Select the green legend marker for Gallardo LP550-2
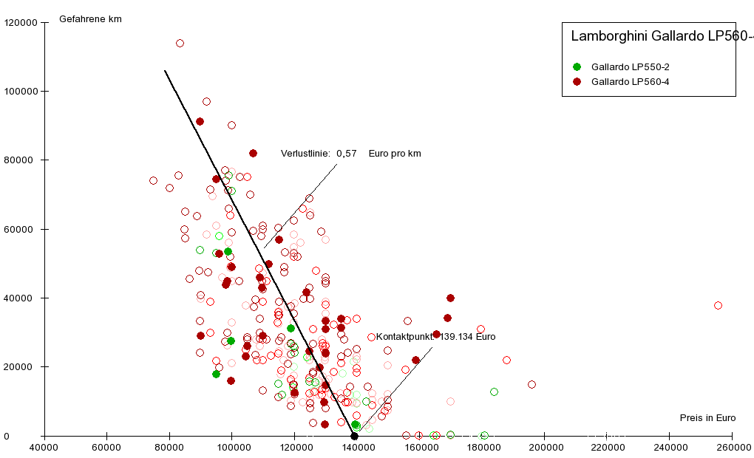[577, 66]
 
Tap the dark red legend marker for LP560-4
[577, 81]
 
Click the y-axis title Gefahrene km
[90, 19]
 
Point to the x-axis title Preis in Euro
[707, 418]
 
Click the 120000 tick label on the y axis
[21, 23]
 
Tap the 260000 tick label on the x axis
[732, 448]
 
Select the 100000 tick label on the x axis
[232, 448]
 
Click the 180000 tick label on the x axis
[482, 448]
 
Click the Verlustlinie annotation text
[351, 154]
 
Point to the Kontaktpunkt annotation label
[435, 337]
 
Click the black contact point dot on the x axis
[354, 436]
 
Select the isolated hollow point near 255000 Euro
[718, 305]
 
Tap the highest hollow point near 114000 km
[180, 43]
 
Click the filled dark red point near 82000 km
[253, 153]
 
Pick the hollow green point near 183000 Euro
[494, 392]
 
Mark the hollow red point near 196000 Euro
[531, 384]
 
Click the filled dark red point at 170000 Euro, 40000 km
[450, 298]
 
